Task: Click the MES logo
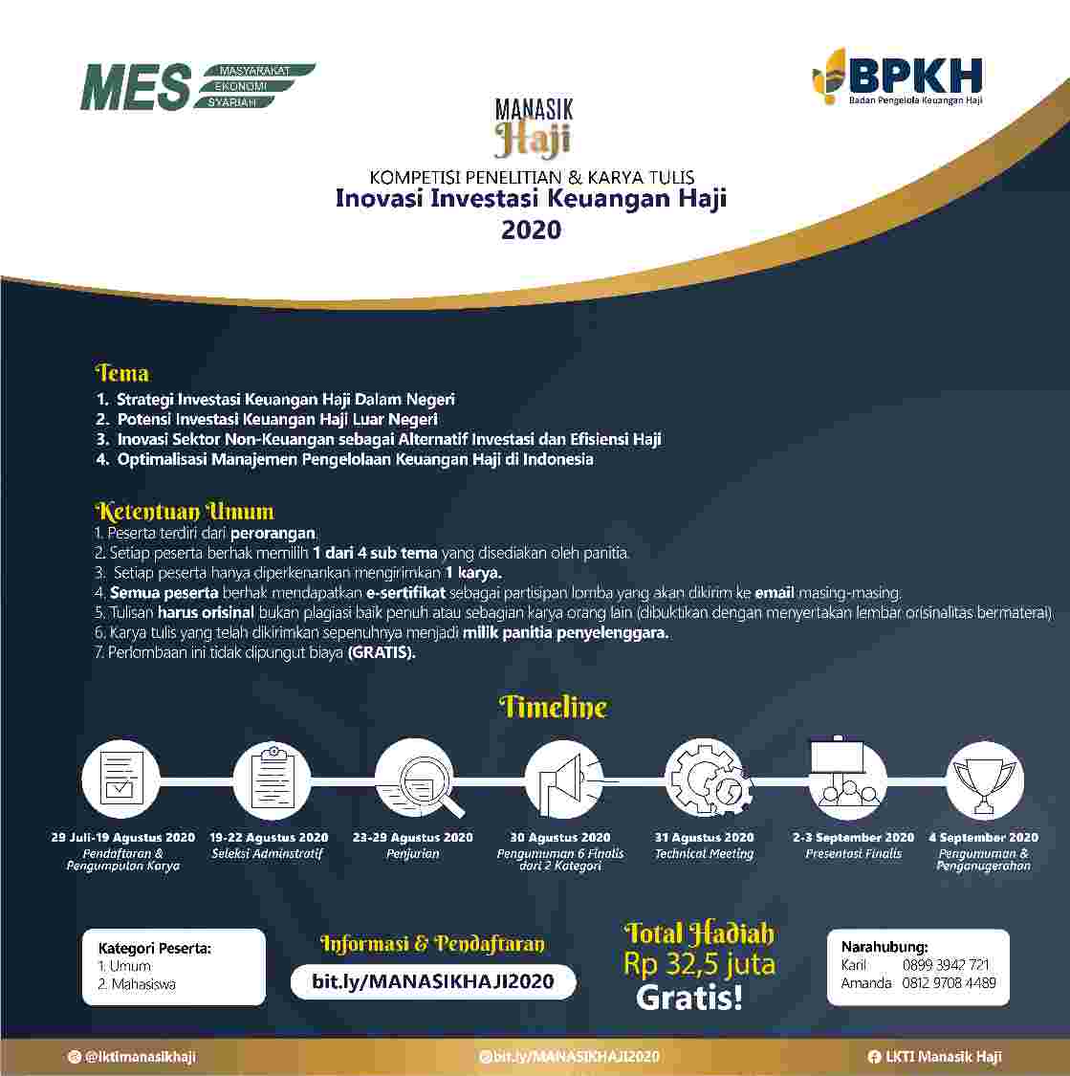pos(197,87)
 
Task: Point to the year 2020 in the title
pos(531,230)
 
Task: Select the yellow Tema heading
pos(122,373)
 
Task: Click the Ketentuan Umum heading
pos(185,511)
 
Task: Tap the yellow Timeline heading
pos(553,708)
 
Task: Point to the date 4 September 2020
pos(983,838)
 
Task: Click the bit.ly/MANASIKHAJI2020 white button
pos(433,982)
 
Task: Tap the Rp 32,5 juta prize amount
pos(699,964)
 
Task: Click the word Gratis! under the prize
pos(688,999)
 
